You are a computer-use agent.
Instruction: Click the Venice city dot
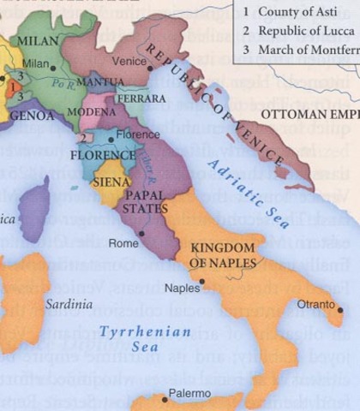pos(153,62)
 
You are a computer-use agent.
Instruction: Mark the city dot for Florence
pos(111,138)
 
